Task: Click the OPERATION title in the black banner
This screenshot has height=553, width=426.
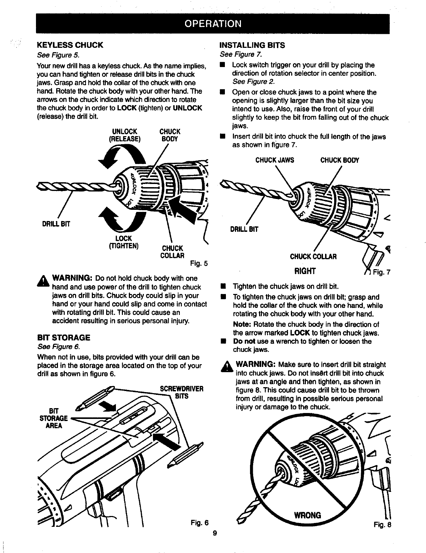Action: [213, 23]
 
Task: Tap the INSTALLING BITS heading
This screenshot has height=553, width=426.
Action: [252, 45]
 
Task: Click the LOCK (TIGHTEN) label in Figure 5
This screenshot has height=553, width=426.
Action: [124, 242]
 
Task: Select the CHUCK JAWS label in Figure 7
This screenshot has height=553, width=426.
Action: [275, 160]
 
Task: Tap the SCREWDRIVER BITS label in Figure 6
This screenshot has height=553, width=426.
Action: [181, 392]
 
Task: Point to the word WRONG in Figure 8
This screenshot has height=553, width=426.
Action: [308, 515]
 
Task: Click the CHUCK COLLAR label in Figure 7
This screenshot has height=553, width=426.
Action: [313, 257]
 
